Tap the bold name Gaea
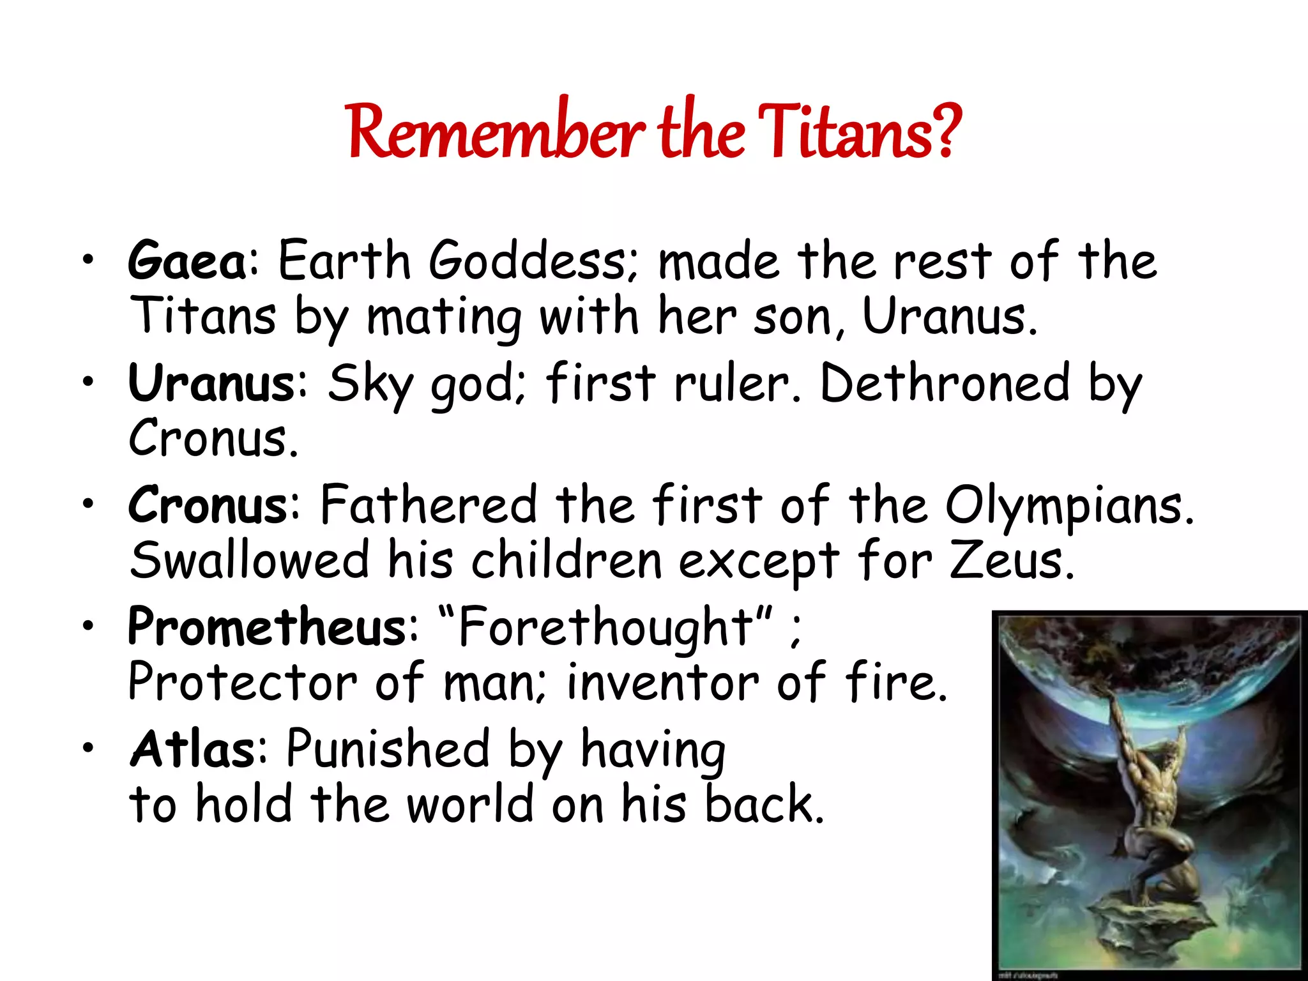coord(187,261)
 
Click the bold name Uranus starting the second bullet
coord(211,383)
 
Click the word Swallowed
coord(249,561)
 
